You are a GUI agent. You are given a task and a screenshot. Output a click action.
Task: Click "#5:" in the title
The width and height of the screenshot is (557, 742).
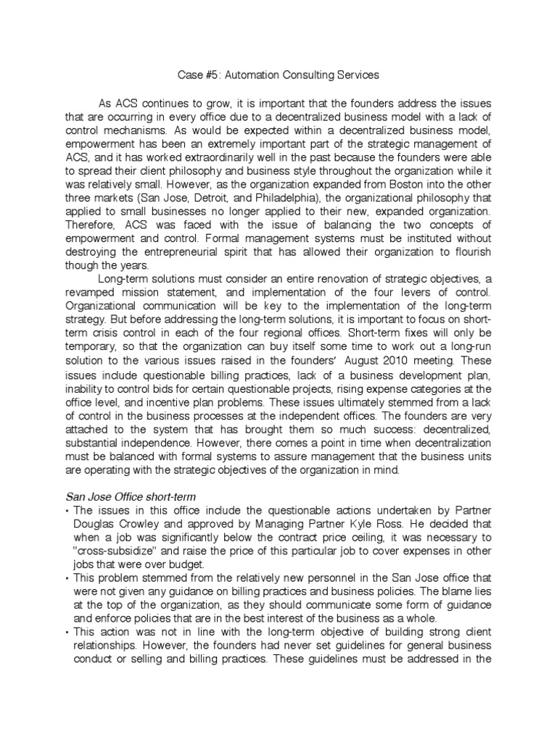coord(205,74)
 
